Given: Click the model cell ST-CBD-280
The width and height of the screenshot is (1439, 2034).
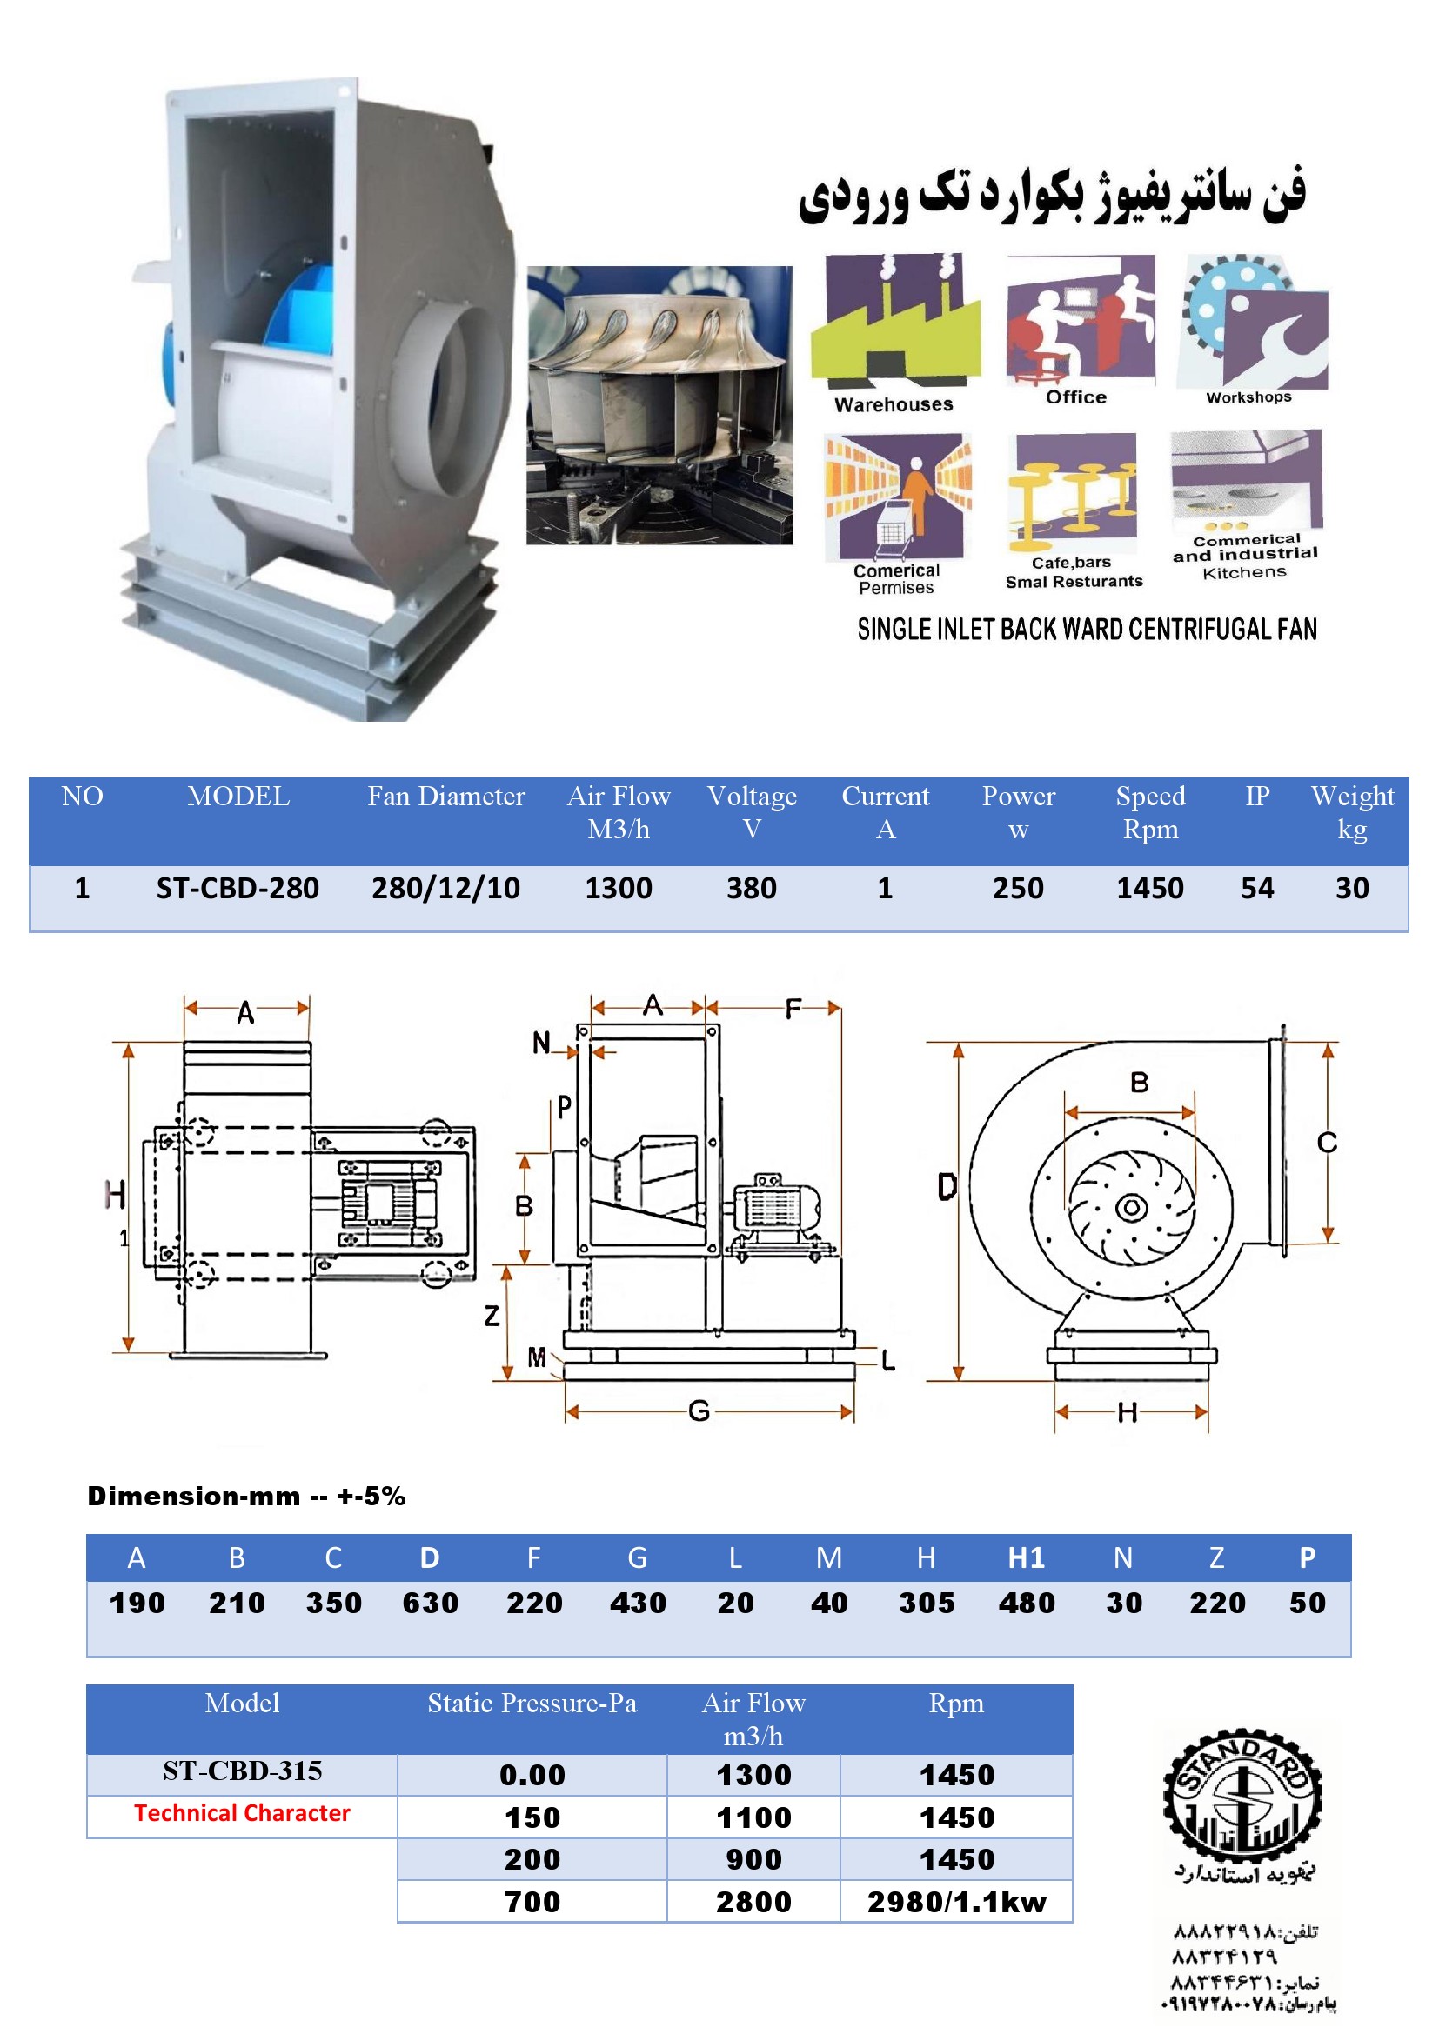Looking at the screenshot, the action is pos(238,888).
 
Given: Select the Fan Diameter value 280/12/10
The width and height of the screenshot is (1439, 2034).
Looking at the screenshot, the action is pos(445,888).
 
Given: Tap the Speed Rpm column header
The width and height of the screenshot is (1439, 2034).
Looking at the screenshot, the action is pos(1150,812).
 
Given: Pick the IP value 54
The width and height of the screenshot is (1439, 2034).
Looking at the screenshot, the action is pos(1257,888).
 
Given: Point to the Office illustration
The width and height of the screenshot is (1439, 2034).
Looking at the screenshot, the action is pos(1081,319).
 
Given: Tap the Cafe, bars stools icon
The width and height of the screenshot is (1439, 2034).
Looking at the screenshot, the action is pos(1073,491).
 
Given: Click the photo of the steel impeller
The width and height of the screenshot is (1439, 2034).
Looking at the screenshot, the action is pos(659,405).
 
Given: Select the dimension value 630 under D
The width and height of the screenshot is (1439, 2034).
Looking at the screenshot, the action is pos(431,1603).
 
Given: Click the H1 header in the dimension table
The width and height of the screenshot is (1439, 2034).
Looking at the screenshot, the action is pos(1027,1557).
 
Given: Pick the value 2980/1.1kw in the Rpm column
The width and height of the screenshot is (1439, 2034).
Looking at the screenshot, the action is pos(957,1902).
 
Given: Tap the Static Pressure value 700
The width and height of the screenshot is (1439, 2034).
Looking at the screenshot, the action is pos(532,1902).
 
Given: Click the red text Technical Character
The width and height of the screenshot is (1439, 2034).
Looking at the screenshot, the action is pos(242,1813).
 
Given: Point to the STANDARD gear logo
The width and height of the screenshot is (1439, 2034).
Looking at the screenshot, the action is pos(1242,1798).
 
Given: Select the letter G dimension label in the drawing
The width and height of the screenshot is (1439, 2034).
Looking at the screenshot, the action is pos(699,1411).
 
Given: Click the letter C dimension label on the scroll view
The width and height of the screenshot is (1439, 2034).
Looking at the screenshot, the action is pos(1327,1143).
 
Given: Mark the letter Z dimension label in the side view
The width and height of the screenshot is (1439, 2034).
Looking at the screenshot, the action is pos(492,1316).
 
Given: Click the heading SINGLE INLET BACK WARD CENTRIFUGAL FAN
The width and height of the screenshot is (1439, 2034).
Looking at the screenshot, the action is pos(1088,629).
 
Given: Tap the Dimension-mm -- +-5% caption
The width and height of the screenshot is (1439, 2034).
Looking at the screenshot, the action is pos(246,1497).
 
